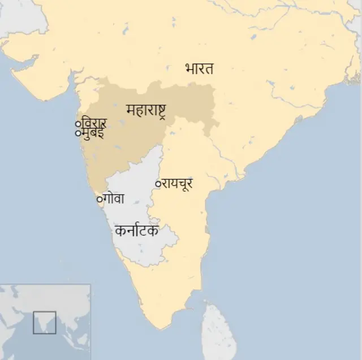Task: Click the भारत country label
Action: (199, 69)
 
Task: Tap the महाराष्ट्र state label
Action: (146, 109)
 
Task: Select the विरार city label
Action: (94, 123)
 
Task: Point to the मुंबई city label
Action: (93, 133)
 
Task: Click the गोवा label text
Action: (114, 199)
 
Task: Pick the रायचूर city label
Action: (178, 183)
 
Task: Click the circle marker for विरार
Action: (78, 124)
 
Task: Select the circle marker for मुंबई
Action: (78, 133)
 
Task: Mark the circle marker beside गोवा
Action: (100, 199)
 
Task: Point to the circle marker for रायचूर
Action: (158, 184)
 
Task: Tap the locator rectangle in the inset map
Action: (44, 322)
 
